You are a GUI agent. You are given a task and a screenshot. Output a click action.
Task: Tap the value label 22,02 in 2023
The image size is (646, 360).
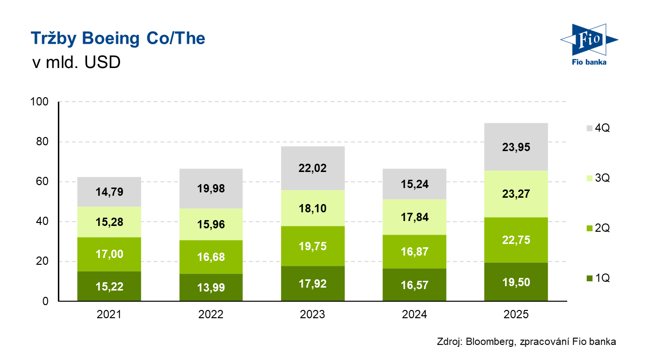pos(313,168)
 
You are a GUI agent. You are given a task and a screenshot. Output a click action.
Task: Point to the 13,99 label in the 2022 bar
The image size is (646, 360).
pos(211,287)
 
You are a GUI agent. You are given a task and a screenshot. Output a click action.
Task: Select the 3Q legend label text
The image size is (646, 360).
pos(602,178)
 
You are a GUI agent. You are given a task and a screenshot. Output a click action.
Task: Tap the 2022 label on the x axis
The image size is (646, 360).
pos(211,314)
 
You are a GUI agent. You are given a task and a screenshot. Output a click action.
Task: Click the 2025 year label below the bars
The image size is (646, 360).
pos(516,314)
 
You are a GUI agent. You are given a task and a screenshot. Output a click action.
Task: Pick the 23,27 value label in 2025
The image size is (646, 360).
pos(516,194)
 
